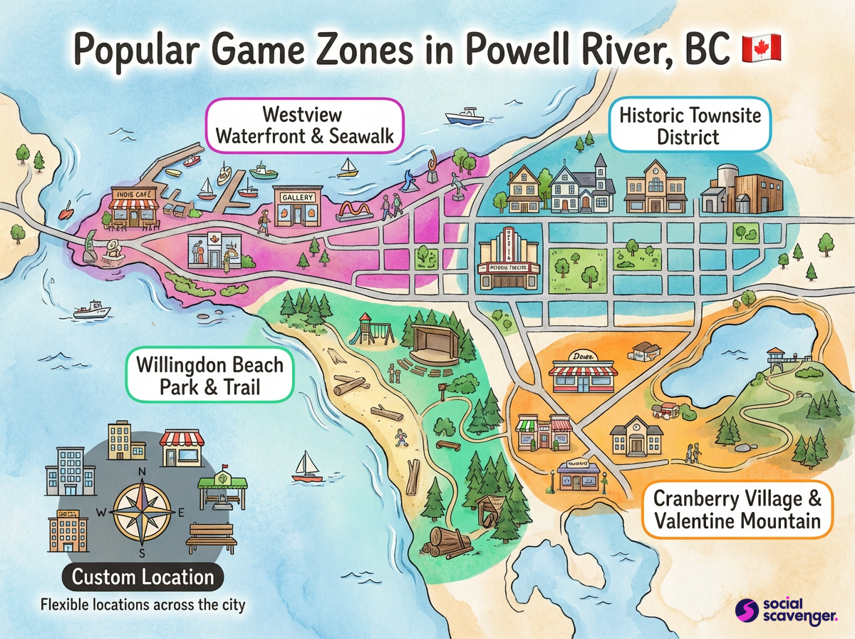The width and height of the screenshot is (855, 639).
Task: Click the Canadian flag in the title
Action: click(x=762, y=48)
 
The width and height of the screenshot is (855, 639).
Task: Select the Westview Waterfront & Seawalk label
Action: click(x=304, y=126)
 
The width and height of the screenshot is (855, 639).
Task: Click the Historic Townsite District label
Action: click(x=689, y=126)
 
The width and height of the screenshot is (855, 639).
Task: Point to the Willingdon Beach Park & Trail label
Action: click(x=209, y=376)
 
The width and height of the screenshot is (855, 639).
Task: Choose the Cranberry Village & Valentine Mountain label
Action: click(x=737, y=508)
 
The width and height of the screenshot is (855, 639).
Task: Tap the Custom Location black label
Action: click(x=143, y=576)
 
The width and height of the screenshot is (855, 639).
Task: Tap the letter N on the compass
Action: click(x=142, y=472)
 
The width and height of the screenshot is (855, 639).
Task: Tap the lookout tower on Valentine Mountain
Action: click(x=776, y=359)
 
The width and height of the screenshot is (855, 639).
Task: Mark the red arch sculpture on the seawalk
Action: click(x=356, y=210)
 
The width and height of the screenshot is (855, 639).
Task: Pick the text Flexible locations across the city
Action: click(x=142, y=605)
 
